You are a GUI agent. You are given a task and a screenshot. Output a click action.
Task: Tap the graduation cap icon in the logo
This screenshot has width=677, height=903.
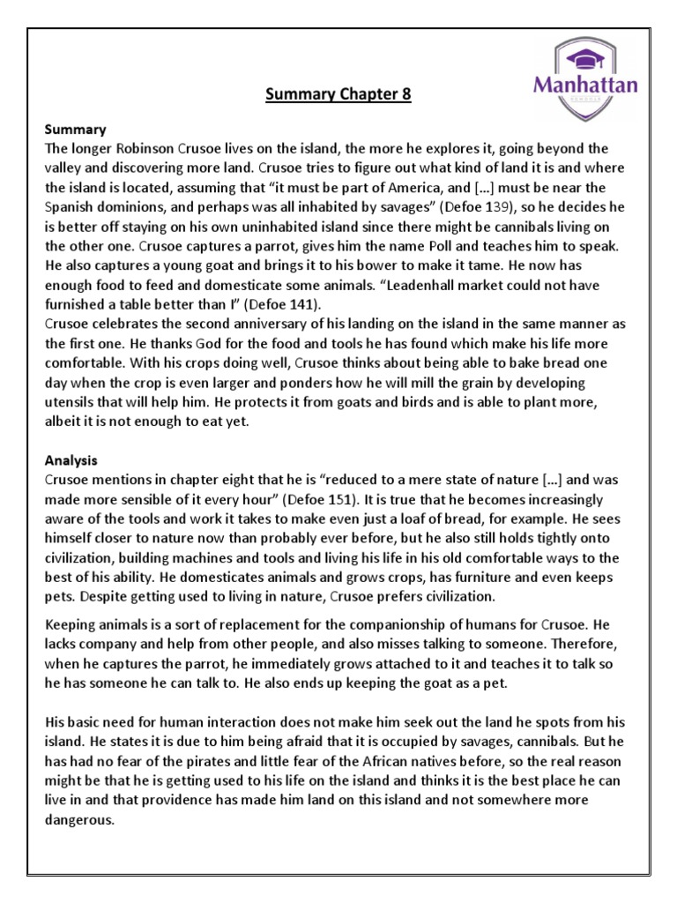[x=584, y=58]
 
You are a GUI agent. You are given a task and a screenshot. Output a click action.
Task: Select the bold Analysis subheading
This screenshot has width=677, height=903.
[x=72, y=459]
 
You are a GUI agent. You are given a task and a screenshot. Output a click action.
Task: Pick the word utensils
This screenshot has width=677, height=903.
[x=71, y=400]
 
